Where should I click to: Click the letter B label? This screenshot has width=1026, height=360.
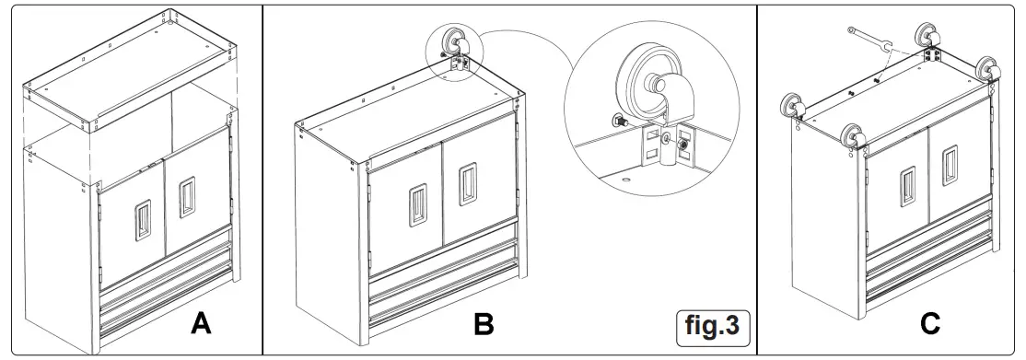(484, 324)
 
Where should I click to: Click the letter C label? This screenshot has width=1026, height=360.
(930, 324)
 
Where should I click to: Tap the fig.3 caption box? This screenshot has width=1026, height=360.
(712, 326)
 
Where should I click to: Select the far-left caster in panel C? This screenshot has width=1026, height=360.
(792, 106)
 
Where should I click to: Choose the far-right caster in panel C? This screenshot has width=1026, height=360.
(993, 71)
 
